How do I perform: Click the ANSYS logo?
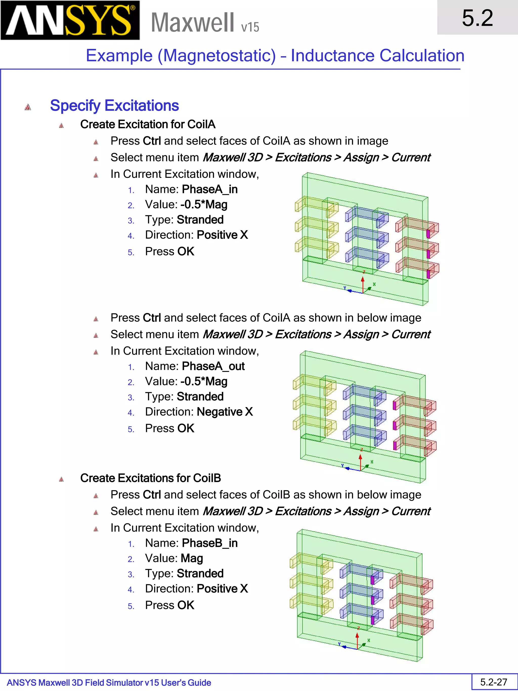click(70, 20)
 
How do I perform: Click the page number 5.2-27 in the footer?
click(494, 682)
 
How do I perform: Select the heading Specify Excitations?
click(114, 106)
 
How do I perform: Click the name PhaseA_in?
click(209, 189)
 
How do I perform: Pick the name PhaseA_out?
click(213, 366)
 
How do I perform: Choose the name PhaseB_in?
click(209, 543)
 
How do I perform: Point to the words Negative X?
click(225, 412)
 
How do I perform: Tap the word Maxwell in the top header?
click(192, 23)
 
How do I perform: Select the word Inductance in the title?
click(332, 56)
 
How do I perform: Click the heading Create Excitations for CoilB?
click(150, 478)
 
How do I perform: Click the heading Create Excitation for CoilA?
click(148, 124)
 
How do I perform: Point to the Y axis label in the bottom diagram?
click(339, 644)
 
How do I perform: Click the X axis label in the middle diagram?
click(372, 462)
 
